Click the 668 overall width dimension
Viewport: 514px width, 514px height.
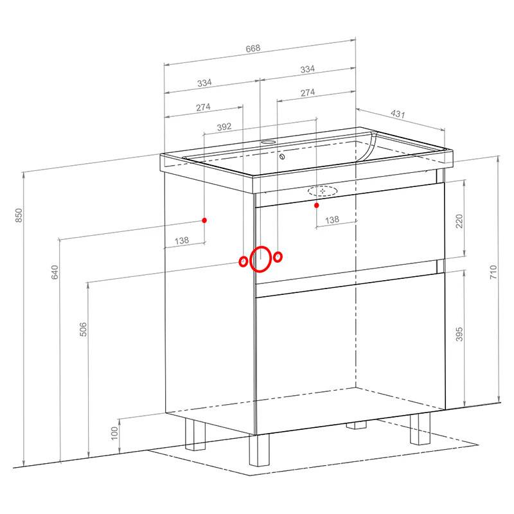coord(253,48)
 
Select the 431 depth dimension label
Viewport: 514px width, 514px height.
coord(398,114)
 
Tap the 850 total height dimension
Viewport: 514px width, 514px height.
coord(19,215)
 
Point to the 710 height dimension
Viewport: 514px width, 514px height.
coord(493,272)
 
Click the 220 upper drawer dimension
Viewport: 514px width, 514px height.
coord(459,221)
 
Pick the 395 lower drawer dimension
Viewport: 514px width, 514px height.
coord(459,333)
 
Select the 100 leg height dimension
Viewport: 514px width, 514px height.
coord(114,433)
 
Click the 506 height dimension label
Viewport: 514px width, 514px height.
coord(84,329)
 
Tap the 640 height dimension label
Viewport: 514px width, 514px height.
coord(55,272)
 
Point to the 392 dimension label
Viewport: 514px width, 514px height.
coord(224,127)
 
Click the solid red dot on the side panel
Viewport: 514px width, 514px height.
coord(204,220)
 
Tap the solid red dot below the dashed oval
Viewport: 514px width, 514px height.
coord(316,205)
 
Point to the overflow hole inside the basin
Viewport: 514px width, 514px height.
coord(282,156)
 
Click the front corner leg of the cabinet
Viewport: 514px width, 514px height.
coord(259,450)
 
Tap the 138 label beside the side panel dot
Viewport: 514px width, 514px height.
coord(182,240)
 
